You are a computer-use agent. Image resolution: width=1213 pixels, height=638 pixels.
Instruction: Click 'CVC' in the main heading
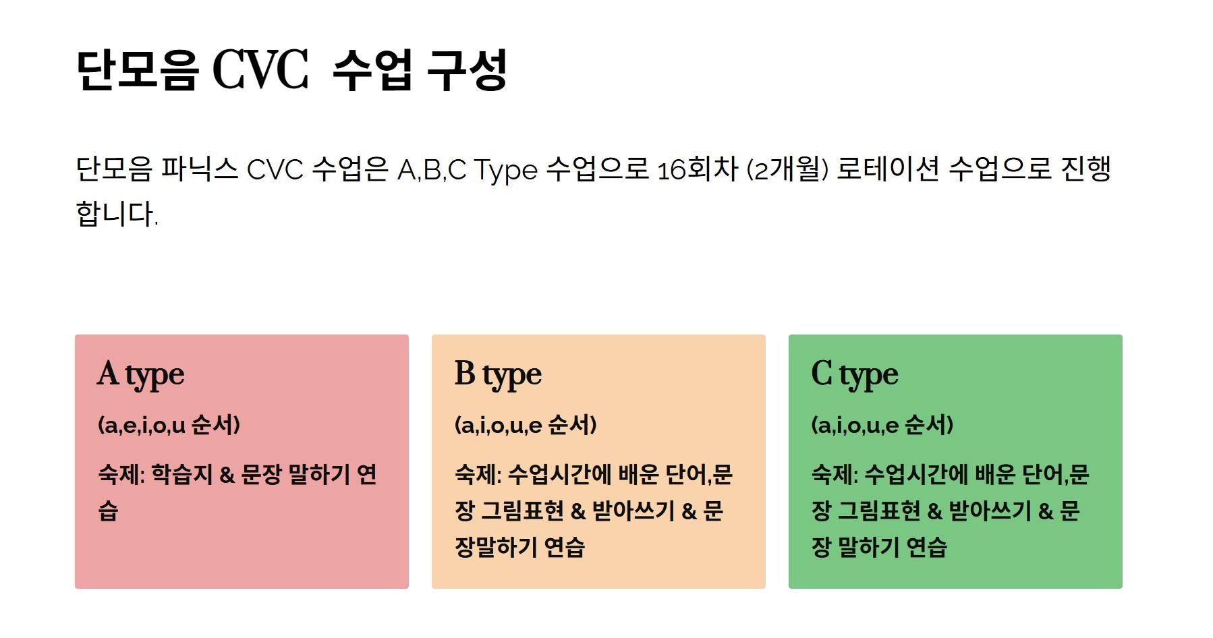tap(260, 69)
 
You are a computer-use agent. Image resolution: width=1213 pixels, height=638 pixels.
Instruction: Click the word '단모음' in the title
tap(138, 69)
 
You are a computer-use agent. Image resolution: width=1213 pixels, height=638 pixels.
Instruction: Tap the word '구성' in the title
tap(468, 69)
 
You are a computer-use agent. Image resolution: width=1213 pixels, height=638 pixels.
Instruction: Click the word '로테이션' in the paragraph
tap(888, 169)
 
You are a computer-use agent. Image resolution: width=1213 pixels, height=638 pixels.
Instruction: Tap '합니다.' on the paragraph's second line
tap(117, 214)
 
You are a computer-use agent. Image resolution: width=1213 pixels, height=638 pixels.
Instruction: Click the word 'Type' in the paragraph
tap(506, 170)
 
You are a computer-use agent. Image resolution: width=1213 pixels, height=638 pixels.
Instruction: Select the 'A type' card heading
tap(141, 374)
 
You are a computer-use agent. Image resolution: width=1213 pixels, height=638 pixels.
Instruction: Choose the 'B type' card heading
tap(498, 374)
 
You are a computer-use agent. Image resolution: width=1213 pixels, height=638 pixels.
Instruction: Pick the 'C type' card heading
tap(855, 374)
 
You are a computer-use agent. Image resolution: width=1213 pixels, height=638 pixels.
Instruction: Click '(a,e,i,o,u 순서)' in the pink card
tap(169, 425)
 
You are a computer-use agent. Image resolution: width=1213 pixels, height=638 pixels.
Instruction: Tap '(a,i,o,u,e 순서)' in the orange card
tap(526, 425)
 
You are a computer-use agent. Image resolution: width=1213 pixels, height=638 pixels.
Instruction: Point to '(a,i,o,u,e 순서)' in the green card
tap(882, 425)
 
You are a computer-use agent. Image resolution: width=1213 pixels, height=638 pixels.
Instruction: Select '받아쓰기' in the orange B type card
tap(633, 511)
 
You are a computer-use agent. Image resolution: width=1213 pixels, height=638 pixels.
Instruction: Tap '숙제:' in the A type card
tap(122, 474)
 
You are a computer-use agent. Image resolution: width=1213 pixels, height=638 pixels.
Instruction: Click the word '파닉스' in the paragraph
tap(200, 169)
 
